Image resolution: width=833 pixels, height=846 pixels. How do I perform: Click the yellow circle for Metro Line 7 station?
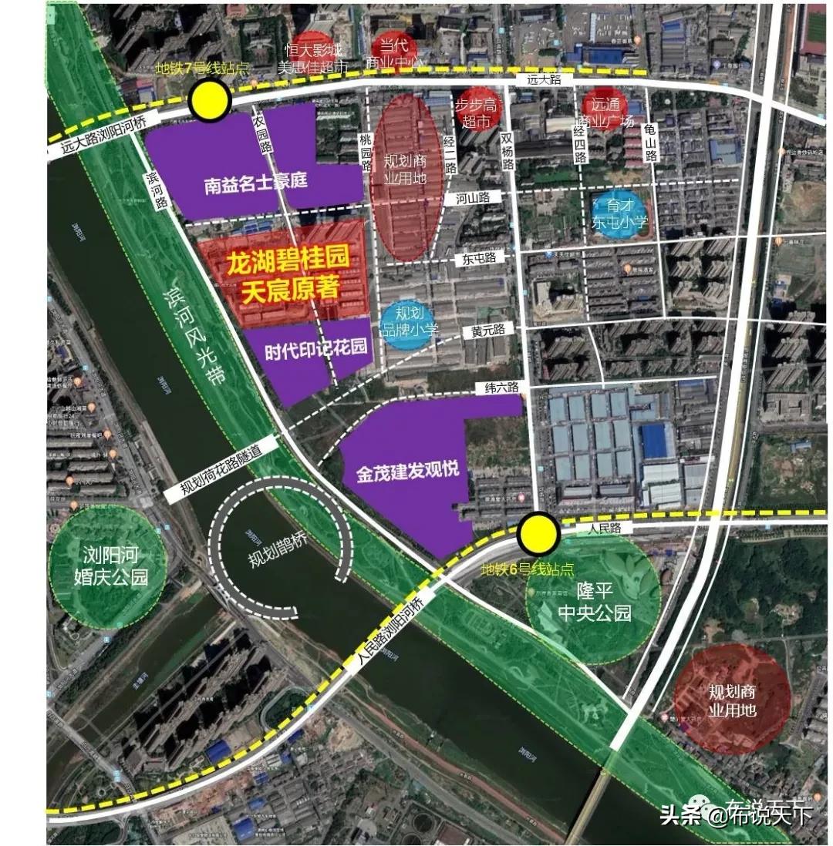pyautogui.click(x=210, y=101)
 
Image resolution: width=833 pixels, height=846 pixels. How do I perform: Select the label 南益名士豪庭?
pyautogui.click(x=255, y=183)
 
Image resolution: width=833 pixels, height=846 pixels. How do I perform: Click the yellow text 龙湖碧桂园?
pyautogui.click(x=287, y=262)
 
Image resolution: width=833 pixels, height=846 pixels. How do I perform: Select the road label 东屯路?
pyautogui.click(x=478, y=258)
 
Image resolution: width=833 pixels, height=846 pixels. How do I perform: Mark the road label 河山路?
pyautogui.click(x=473, y=197)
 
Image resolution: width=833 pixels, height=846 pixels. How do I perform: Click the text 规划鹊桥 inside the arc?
pyautogui.click(x=280, y=551)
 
